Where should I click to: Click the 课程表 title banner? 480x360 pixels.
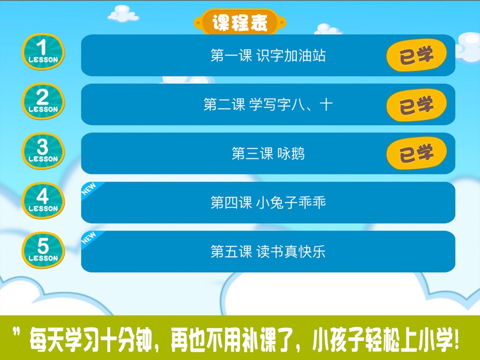click(x=240, y=22)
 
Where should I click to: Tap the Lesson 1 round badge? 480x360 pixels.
click(x=43, y=51)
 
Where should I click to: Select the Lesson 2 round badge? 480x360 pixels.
click(x=43, y=101)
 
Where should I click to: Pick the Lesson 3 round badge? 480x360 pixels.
click(x=43, y=151)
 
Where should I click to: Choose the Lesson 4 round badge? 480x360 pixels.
click(x=43, y=201)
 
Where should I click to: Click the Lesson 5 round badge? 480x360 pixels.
click(x=43, y=250)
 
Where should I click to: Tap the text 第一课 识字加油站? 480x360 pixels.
click(x=268, y=55)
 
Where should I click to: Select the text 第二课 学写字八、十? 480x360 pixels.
click(x=268, y=104)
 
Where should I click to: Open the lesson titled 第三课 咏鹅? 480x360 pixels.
click(x=268, y=154)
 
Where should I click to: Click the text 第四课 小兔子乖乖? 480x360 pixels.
click(x=268, y=203)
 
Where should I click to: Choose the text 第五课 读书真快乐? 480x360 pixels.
click(x=268, y=252)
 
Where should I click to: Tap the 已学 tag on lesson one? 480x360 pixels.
click(x=417, y=55)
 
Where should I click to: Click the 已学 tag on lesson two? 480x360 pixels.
click(x=417, y=105)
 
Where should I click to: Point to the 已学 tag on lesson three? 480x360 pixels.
click(x=417, y=154)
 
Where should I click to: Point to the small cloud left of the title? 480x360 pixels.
click(x=123, y=14)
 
